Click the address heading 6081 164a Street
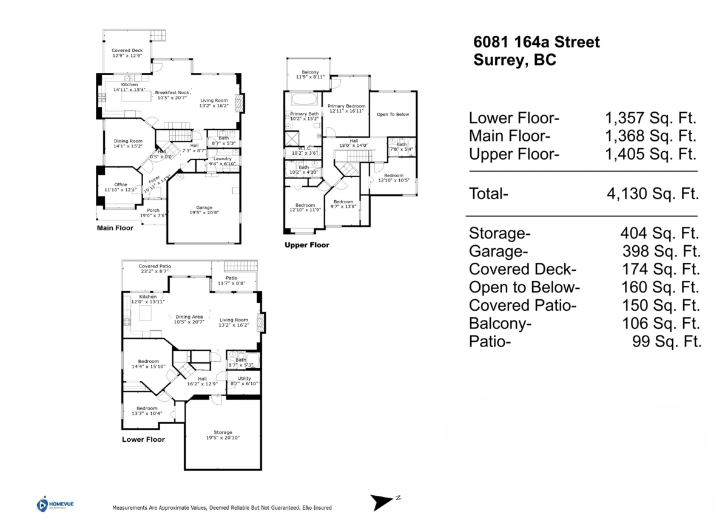click(536, 42)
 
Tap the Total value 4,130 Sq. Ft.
click(653, 194)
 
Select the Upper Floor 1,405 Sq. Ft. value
click(650, 154)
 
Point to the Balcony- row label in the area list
click(500, 323)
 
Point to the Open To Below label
click(393, 114)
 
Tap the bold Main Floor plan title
click(115, 228)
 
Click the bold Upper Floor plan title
click(307, 245)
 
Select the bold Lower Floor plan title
click(143, 439)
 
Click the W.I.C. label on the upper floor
click(305, 148)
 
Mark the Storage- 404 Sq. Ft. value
click(659, 233)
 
